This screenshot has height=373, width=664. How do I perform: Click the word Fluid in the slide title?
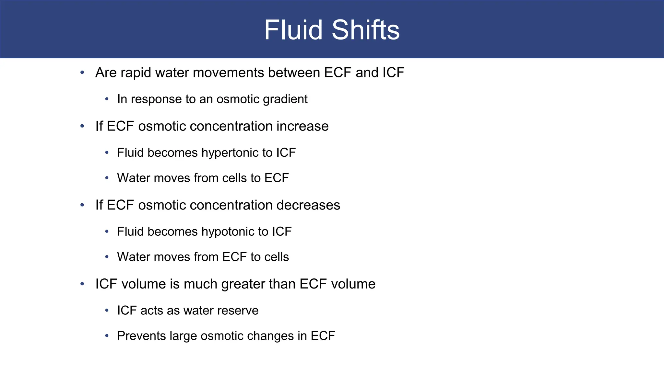[293, 30]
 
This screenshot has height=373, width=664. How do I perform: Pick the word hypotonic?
[228, 232]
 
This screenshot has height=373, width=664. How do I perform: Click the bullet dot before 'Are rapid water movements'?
[82, 72]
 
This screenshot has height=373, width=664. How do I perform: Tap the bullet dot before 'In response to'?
[107, 99]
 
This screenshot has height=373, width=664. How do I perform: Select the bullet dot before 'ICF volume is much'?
[82, 284]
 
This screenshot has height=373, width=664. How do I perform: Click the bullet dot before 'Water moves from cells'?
[107, 178]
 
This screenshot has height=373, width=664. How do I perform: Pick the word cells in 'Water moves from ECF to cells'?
[277, 257]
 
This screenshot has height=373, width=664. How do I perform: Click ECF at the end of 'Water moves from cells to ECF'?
[277, 178]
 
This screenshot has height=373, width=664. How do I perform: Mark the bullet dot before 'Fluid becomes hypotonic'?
[107, 232]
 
